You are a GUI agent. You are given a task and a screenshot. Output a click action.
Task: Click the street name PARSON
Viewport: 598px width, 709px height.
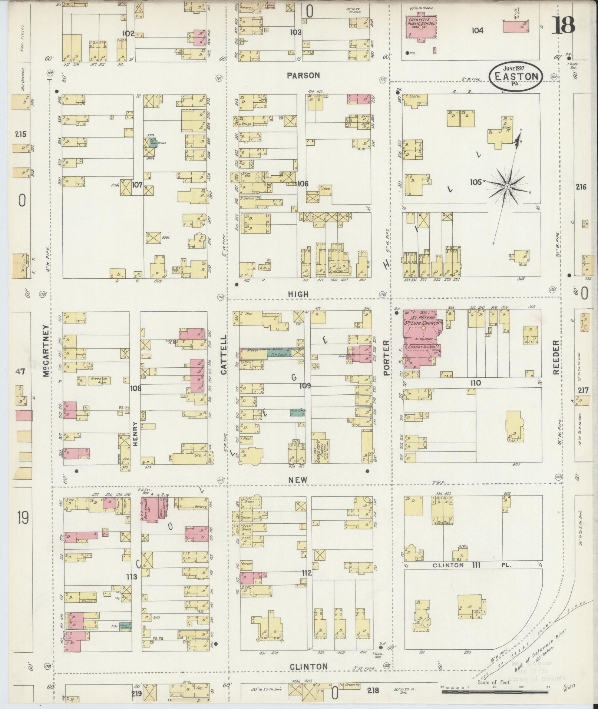coord(303,75)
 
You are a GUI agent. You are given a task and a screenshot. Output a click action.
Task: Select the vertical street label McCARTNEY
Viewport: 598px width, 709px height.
coord(46,351)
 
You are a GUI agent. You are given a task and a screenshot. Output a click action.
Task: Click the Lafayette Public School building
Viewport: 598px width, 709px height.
coord(421,27)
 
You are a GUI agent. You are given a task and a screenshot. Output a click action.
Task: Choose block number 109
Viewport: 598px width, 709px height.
coord(305,386)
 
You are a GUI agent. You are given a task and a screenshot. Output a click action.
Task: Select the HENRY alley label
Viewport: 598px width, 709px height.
coord(135,433)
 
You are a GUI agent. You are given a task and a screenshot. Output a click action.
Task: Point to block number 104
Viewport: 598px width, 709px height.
coord(478,31)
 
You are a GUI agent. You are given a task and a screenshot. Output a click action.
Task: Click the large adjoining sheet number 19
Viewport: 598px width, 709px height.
coord(22,518)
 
